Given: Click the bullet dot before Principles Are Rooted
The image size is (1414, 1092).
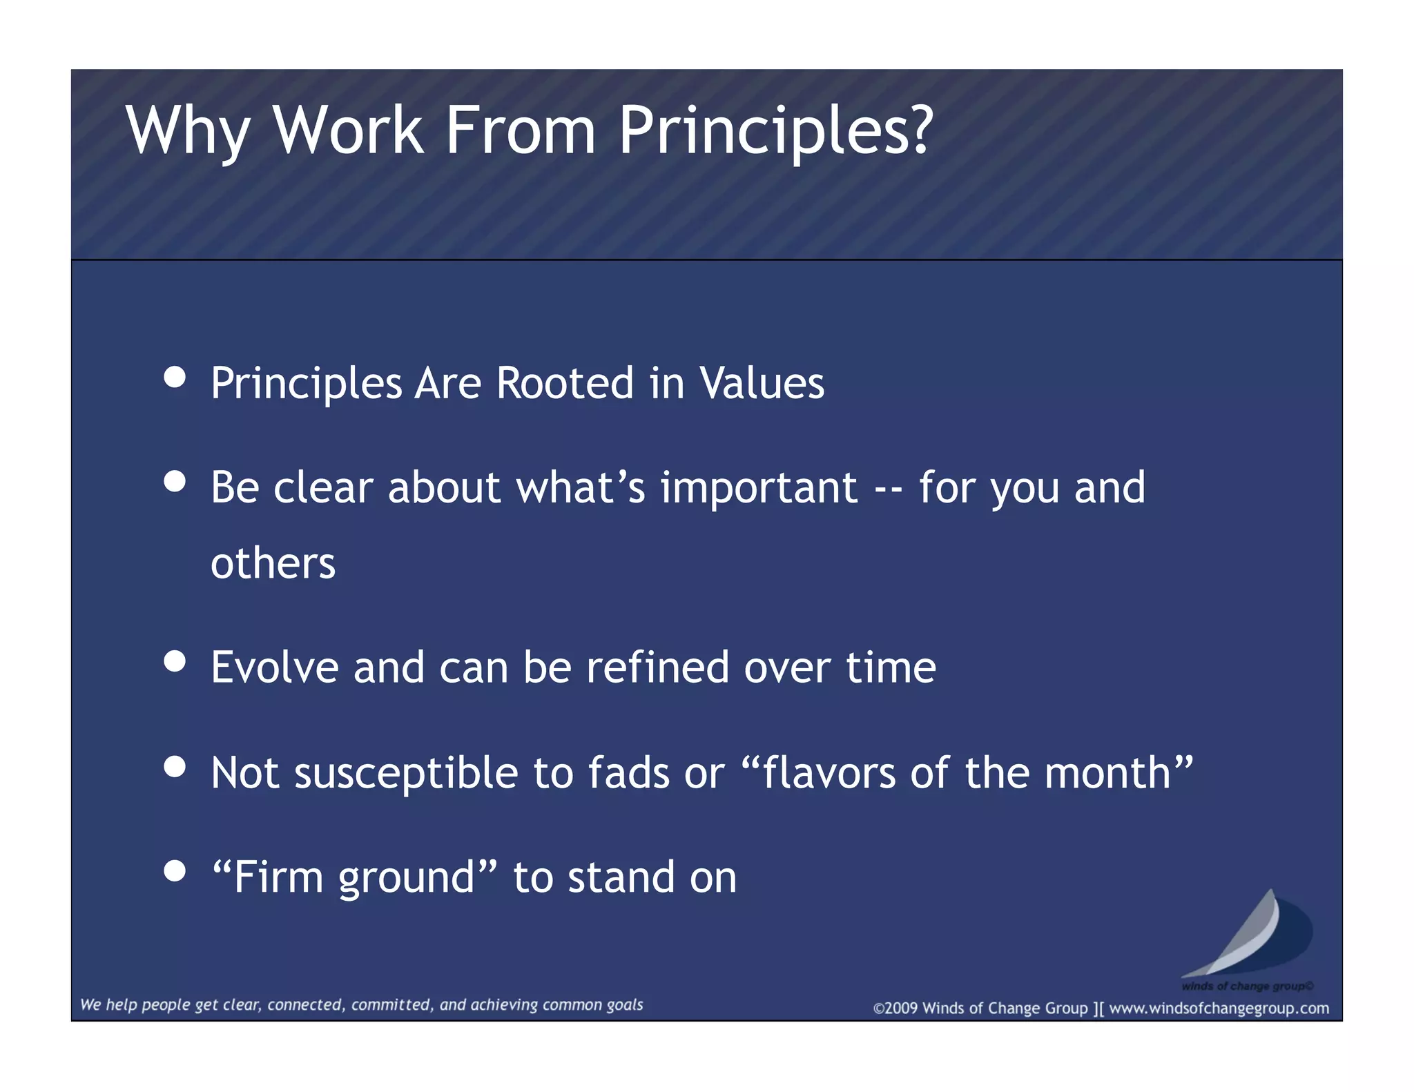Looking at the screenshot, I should pyautogui.click(x=175, y=378).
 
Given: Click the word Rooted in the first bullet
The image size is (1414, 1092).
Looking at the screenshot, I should pyautogui.click(x=565, y=383).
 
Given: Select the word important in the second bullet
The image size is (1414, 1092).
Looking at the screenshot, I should pyautogui.click(x=759, y=489).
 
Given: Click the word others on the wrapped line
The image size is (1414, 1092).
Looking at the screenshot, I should pyautogui.click(x=273, y=564).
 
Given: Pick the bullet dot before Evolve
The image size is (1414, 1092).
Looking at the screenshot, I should pyautogui.click(x=175, y=661).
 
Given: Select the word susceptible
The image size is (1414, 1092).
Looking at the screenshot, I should pyautogui.click(x=407, y=773).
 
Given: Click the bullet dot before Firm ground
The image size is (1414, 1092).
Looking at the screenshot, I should pyautogui.click(x=175, y=871).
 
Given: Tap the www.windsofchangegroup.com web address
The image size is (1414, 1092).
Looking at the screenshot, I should pyautogui.click(x=1219, y=1008).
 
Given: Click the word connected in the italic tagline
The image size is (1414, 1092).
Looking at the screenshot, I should pyautogui.click(x=304, y=1005).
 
